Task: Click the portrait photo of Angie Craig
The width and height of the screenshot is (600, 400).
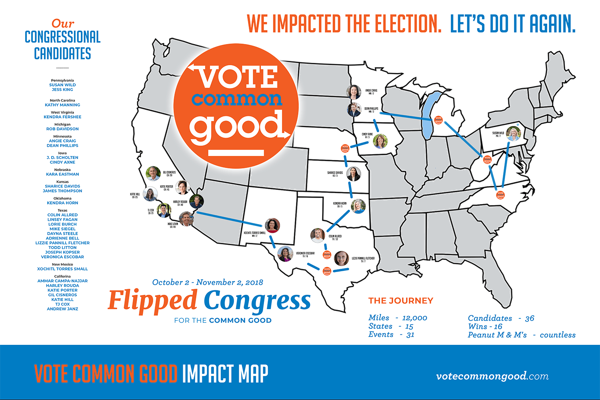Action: tap(354, 92)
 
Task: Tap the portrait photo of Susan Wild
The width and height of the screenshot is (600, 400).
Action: tap(513, 134)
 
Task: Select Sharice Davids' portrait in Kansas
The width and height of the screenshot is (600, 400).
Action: tap(353, 174)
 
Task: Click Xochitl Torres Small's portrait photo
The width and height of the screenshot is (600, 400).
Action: tap(272, 226)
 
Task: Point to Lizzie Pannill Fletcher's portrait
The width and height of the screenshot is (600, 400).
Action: tap(341, 258)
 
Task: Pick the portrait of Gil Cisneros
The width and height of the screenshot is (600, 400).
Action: tap(153, 174)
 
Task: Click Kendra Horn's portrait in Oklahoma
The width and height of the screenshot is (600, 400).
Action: tap(358, 206)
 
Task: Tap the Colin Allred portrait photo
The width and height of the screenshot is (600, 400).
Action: tap(318, 235)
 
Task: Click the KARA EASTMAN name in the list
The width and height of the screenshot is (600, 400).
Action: tap(62, 174)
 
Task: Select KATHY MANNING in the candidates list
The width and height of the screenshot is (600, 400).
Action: tap(62, 105)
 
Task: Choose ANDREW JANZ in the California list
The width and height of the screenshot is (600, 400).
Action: tap(62, 309)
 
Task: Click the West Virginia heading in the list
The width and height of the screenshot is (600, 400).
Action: tap(62, 112)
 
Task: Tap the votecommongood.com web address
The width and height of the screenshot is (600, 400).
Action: tap(492, 376)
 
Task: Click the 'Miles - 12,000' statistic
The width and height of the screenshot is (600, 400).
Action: tap(398, 318)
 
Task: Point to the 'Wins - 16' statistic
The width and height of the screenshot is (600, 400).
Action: tap(485, 326)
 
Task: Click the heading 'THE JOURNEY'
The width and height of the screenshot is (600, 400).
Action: tap(401, 301)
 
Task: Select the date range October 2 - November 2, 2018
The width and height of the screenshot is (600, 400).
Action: tap(208, 282)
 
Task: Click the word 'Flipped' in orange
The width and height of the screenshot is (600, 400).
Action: tap(152, 300)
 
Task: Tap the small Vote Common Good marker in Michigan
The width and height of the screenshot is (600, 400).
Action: tap(438, 120)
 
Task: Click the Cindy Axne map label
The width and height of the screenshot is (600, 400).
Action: tap(367, 135)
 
